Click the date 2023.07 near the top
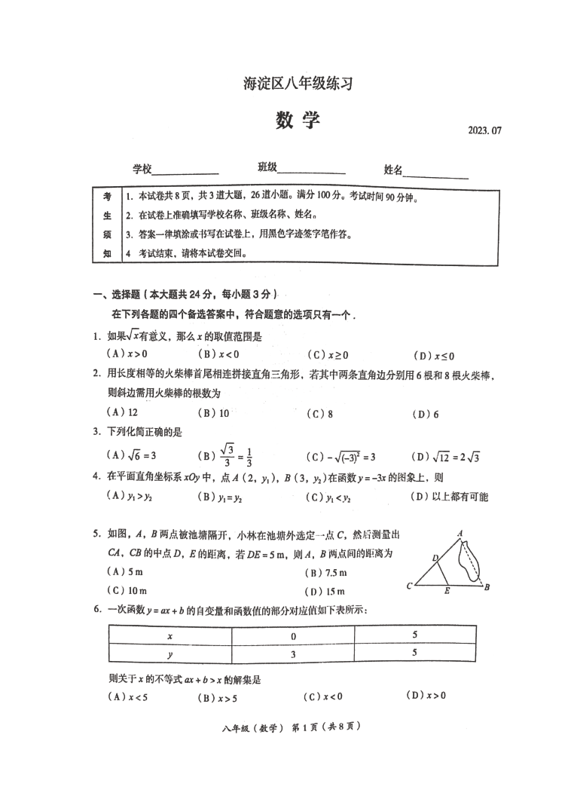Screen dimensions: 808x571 484,130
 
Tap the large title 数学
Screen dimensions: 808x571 297,121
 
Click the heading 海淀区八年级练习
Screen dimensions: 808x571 298,84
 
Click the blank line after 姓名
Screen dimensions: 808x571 436,173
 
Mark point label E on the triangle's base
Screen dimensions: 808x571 447,591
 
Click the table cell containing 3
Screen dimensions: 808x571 292,654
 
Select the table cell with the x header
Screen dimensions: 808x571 170,635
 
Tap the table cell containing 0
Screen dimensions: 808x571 292,635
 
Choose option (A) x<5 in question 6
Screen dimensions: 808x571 128,696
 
